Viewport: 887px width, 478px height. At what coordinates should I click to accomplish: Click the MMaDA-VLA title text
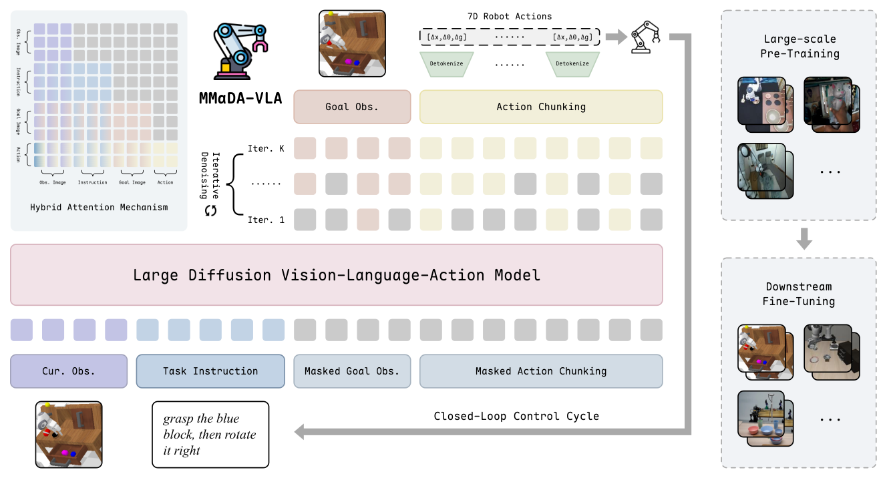(x=240, y=99)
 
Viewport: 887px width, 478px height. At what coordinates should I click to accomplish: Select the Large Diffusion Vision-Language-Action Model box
(x=336, y=275)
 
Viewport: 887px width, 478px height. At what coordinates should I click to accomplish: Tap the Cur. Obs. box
(x=69, y=371)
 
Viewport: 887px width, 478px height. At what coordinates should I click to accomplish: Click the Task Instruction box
(x=210, y=371)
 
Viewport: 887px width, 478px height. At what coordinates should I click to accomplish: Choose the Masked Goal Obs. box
(x=352, y=371)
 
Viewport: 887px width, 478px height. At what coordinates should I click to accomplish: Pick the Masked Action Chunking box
(x=541, y=371)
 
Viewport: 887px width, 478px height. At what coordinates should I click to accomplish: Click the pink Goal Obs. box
(x=352, y=107)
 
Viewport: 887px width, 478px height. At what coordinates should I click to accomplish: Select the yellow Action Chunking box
(x=541, y=107)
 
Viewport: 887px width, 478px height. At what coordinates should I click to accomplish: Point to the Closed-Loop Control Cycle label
(x=516, y=416)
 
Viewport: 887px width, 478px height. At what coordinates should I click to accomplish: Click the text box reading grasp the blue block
(x=210, y=435)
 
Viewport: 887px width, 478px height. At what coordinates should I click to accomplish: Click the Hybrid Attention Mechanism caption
(x=99, y=207)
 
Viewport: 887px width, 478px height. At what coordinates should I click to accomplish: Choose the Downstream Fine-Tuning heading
(x=799, y=294)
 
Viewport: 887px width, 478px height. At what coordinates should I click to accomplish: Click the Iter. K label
(x=266, y=148)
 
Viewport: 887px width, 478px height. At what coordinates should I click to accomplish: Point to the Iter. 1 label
(x=266, y=219)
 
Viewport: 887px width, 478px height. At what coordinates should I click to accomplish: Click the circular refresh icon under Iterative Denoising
(x=210, y=210)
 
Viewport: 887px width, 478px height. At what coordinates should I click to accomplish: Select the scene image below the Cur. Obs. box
(x=69, y=434)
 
